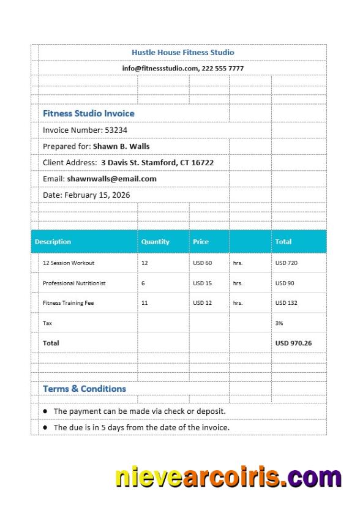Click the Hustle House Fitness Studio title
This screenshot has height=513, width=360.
click(182, 53)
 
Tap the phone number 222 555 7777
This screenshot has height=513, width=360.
click(223, 69)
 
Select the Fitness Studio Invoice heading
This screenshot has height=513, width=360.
click(88, 113)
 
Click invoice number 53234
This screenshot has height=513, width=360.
click(116, 130)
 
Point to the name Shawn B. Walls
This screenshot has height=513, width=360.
click(121, 146)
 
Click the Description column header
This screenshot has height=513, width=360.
click(53, 242)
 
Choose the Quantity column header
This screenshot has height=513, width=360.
click(156, 242)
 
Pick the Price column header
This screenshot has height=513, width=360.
click(201, 242)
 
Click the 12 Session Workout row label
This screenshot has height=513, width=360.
click(68, 263)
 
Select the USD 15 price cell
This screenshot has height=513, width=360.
click(202, 283)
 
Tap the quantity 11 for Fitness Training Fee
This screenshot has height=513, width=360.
click(144, 303)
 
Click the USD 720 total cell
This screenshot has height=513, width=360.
click(286, 263)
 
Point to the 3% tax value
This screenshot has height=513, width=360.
click(279, 323)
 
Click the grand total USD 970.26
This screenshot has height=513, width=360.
click(293, 343)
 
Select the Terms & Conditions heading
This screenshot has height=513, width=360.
click(84, 389)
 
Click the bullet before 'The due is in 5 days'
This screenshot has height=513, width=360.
click(45, 427)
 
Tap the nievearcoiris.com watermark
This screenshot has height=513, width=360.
click(228, 477)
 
